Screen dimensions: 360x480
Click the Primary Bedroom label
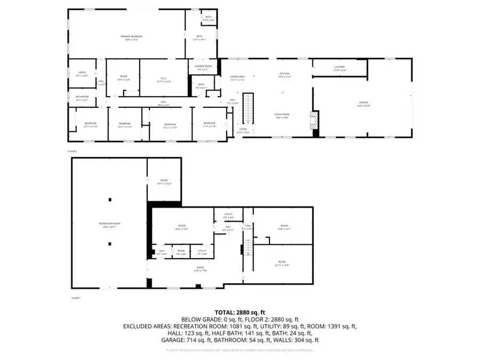pos(127,38)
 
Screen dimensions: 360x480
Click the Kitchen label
pos(285,75)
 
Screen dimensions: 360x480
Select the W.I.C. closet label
pos(164,81)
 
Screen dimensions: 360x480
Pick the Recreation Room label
pos(108,225)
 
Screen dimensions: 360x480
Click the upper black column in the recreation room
pos(110,199)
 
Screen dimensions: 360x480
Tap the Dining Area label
pos(237,78)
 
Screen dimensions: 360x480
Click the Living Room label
pos(282,116)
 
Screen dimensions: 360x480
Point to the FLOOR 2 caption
pos(73,151)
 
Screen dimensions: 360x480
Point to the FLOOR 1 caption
pos(75,298)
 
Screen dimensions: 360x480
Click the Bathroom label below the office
pos(82,98)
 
